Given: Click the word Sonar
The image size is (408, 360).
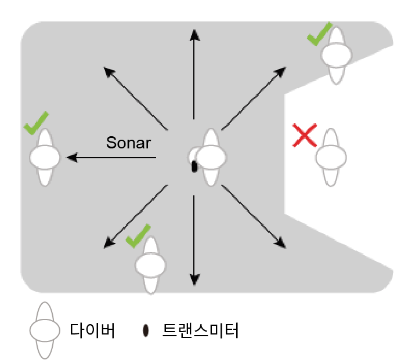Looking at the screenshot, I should pyautogui.click(x=128, y=143).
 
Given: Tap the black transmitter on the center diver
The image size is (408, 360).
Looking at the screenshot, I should pyautogui.click(x=194, y=166).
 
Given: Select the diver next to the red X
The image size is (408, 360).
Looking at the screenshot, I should pyautogui.click(x=331, y=157).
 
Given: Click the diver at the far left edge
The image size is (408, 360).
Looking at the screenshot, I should pyautogui.click(x=45, y=157).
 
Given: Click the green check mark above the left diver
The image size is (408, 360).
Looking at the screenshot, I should pyautogui.click(x=35, y=123).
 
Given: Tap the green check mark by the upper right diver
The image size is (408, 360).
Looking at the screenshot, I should pyautogui.click(x=320, y=34).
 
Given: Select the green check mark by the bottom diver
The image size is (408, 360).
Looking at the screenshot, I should pyautogui.click(x=138, y=236).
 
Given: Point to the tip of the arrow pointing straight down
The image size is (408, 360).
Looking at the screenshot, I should pyautogui.click(x=194, y=285).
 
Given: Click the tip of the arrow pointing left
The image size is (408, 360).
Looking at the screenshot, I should pyautogui.click(x=68, y=157).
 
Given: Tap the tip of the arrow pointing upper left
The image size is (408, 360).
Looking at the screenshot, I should pyautogui.click(x=104, y=68).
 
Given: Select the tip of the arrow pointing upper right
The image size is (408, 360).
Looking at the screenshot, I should pyautogui.click(x=286, y=67).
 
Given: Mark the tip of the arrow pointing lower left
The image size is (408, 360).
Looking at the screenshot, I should pyautogui.click(x=104, y=248).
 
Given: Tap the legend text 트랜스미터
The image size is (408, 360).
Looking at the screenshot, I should pyautogui.click(x=200, y=330).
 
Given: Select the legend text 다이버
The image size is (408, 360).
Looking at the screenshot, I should pyautogui.click(x=92, y=330).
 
